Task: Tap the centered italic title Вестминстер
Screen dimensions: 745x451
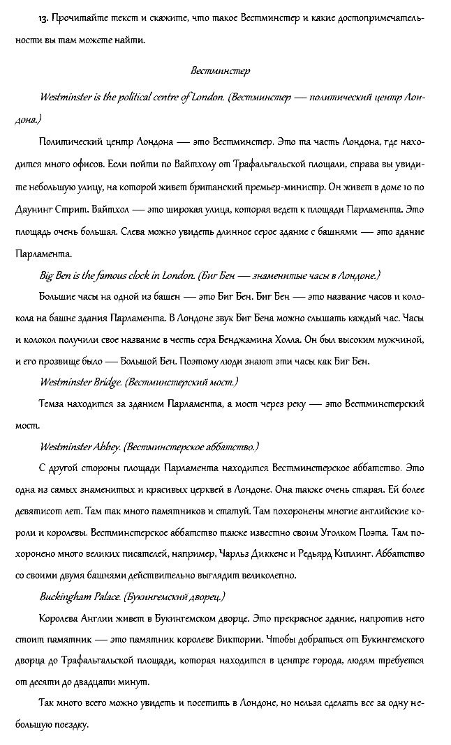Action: point(221,71)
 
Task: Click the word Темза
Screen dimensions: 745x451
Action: point(55,404)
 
